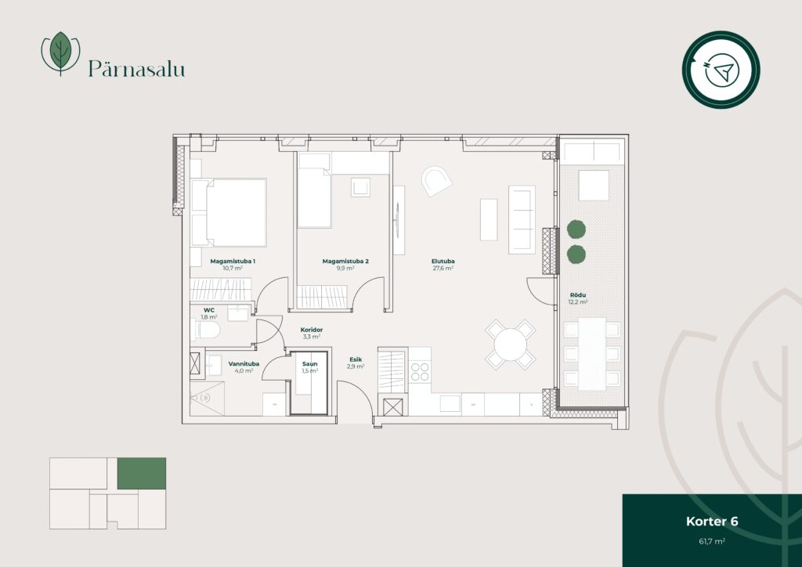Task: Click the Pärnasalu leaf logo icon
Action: tap(60, 52)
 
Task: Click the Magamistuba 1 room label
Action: tap(233, 262)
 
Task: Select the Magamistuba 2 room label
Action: tap(345, 262)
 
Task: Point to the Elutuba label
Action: tap(443, 262)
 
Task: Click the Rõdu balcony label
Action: tap(578, 295)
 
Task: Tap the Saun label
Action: tap(310, 364)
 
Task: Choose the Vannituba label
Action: tap(244, 364)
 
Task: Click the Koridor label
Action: tap(312, 330)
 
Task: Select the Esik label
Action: tap(356, 359)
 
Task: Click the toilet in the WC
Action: tap(206, 330)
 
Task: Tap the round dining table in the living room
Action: tap(510, 345)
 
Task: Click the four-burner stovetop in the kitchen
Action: tap(420, 372)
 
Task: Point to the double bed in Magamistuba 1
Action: tap(229, 212)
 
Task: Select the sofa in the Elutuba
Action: tap(522, 220)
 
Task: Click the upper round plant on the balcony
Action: tap(576, 229)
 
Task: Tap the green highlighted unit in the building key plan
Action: tap(142, 474)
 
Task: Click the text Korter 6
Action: tap(712, 522)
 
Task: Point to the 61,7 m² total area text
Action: tap(712, 541)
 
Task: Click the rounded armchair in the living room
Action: tap(436, 181)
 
